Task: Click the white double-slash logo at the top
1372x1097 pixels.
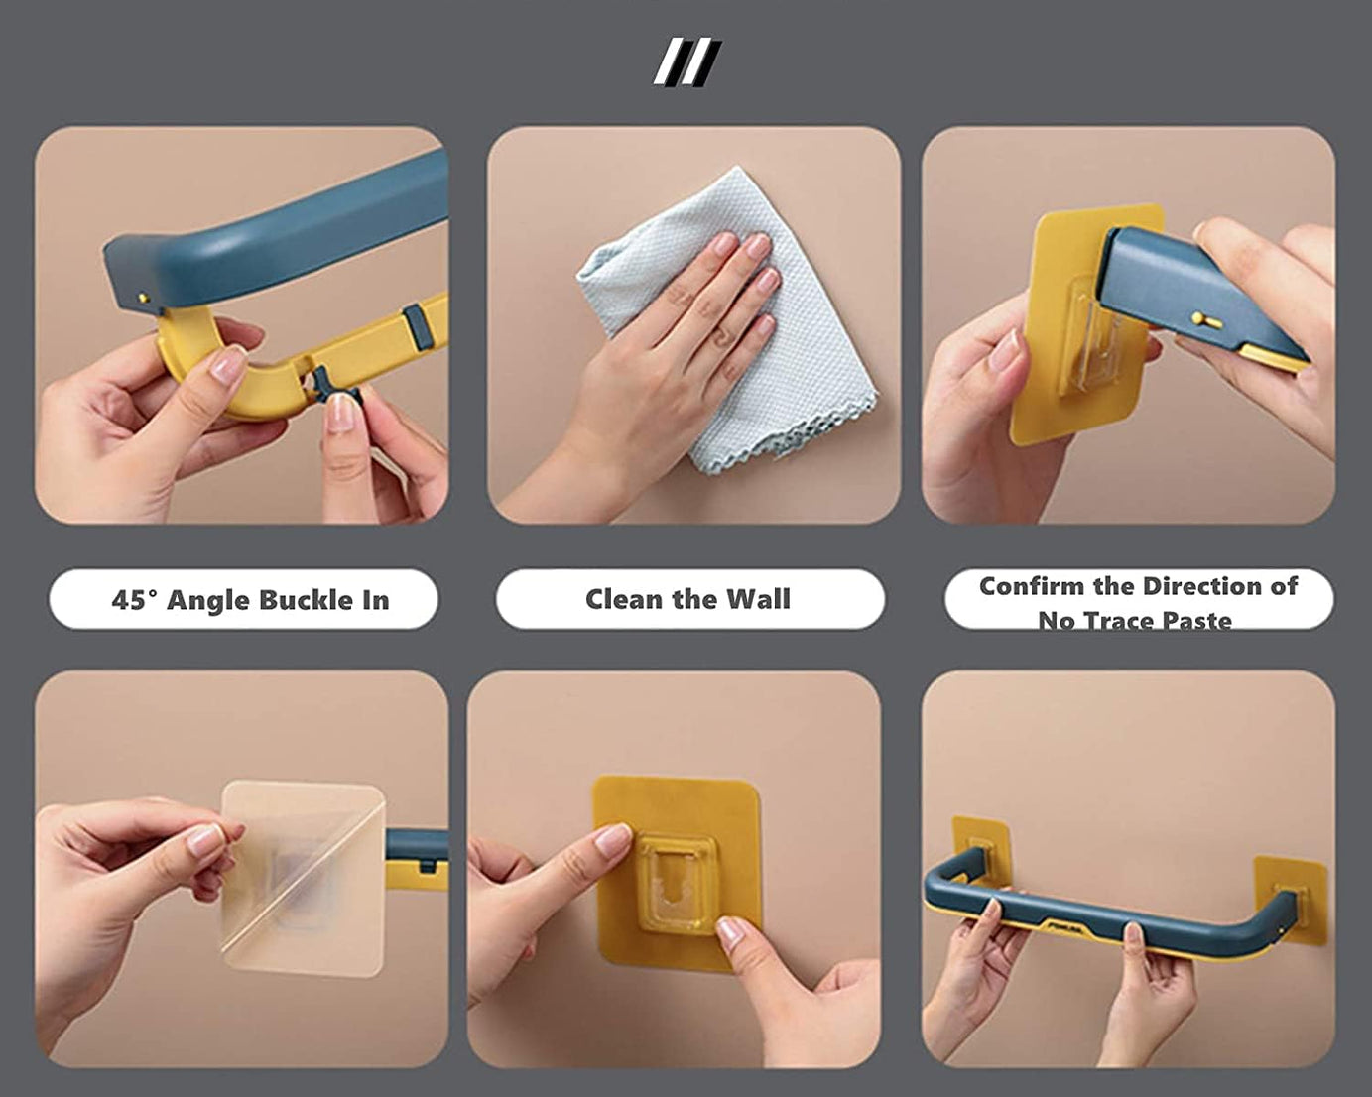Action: (686, 62)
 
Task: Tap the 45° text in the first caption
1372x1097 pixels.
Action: (134, 600)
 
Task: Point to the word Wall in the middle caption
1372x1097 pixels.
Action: (758, 599)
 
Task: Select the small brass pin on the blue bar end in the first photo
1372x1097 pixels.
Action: (141, 296)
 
